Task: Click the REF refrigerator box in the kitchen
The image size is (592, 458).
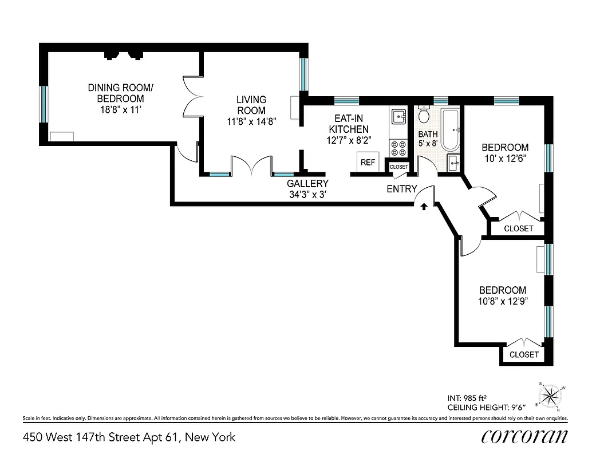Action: click(x=368, y=162)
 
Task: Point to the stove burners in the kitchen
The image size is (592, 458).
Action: click(x=397, y=148)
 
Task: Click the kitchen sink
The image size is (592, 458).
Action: click(x=398, y=117)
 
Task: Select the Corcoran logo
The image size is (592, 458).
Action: click(x=524, y=436)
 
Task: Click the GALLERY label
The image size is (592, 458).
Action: click(x=308, y=184)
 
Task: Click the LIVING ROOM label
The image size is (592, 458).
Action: click(x=251, y=105)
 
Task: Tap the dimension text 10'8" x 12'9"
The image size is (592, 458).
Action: click(x=503, y=301)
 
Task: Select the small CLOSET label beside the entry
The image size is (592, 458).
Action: click(x=399, y=167)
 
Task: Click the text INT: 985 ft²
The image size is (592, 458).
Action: click(x=471, y=397)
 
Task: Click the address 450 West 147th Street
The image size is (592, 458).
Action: click(x=129, y=437)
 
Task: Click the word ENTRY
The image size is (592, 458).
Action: click(x=401, y=189)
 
